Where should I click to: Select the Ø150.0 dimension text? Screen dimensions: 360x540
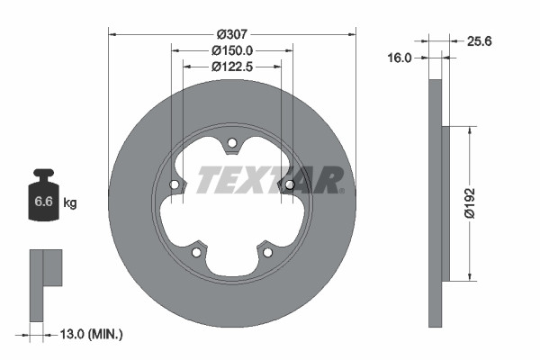[x=232, y=51]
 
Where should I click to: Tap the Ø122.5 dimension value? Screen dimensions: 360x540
[x=232, y=67]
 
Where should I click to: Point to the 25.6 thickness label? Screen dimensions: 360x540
[x=479, y=40]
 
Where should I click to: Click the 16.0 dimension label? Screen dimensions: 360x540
[x=399, y=58]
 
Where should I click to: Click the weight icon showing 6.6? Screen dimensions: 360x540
[x=43, y=198]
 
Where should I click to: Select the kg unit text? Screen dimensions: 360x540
[x=70, y=203]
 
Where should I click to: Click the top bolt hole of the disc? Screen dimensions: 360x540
[x=231, y=142]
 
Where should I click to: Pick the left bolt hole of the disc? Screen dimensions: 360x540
[x=174, y=184]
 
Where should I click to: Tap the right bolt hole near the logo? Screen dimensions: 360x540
[x=290, y=184]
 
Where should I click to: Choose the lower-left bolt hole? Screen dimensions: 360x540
[x=196, y=252]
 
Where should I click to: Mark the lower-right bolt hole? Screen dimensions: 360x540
[x=267, y=252]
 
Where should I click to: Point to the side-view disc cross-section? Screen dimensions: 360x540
[x=436, y=203]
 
